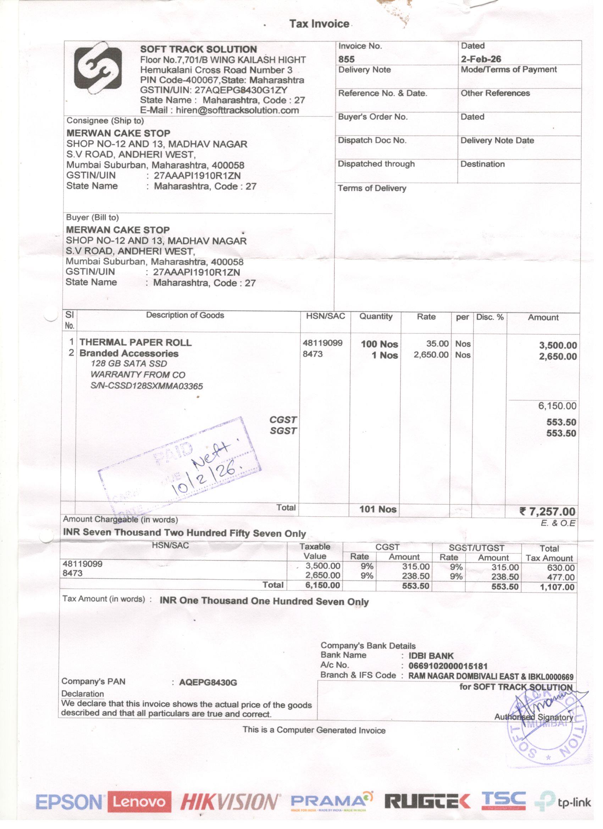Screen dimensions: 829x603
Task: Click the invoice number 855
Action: click(x=346, y=59)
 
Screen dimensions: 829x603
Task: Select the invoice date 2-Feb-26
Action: click(x=481, y=59)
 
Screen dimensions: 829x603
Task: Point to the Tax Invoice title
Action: click(x=319, y=24)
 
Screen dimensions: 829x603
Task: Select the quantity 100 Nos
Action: click(x=379, y=344)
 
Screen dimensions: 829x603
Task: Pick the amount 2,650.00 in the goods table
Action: click(x=558, y=356)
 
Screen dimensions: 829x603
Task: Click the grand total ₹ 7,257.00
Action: click(x=547, y=512)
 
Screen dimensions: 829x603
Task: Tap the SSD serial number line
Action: click(x=146, y=386)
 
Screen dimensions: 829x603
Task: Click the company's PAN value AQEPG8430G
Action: click(x=208, y=683)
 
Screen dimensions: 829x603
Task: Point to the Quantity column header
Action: click(x=376, y=317)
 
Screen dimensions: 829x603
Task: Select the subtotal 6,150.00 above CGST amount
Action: click(x=557, y=406)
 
